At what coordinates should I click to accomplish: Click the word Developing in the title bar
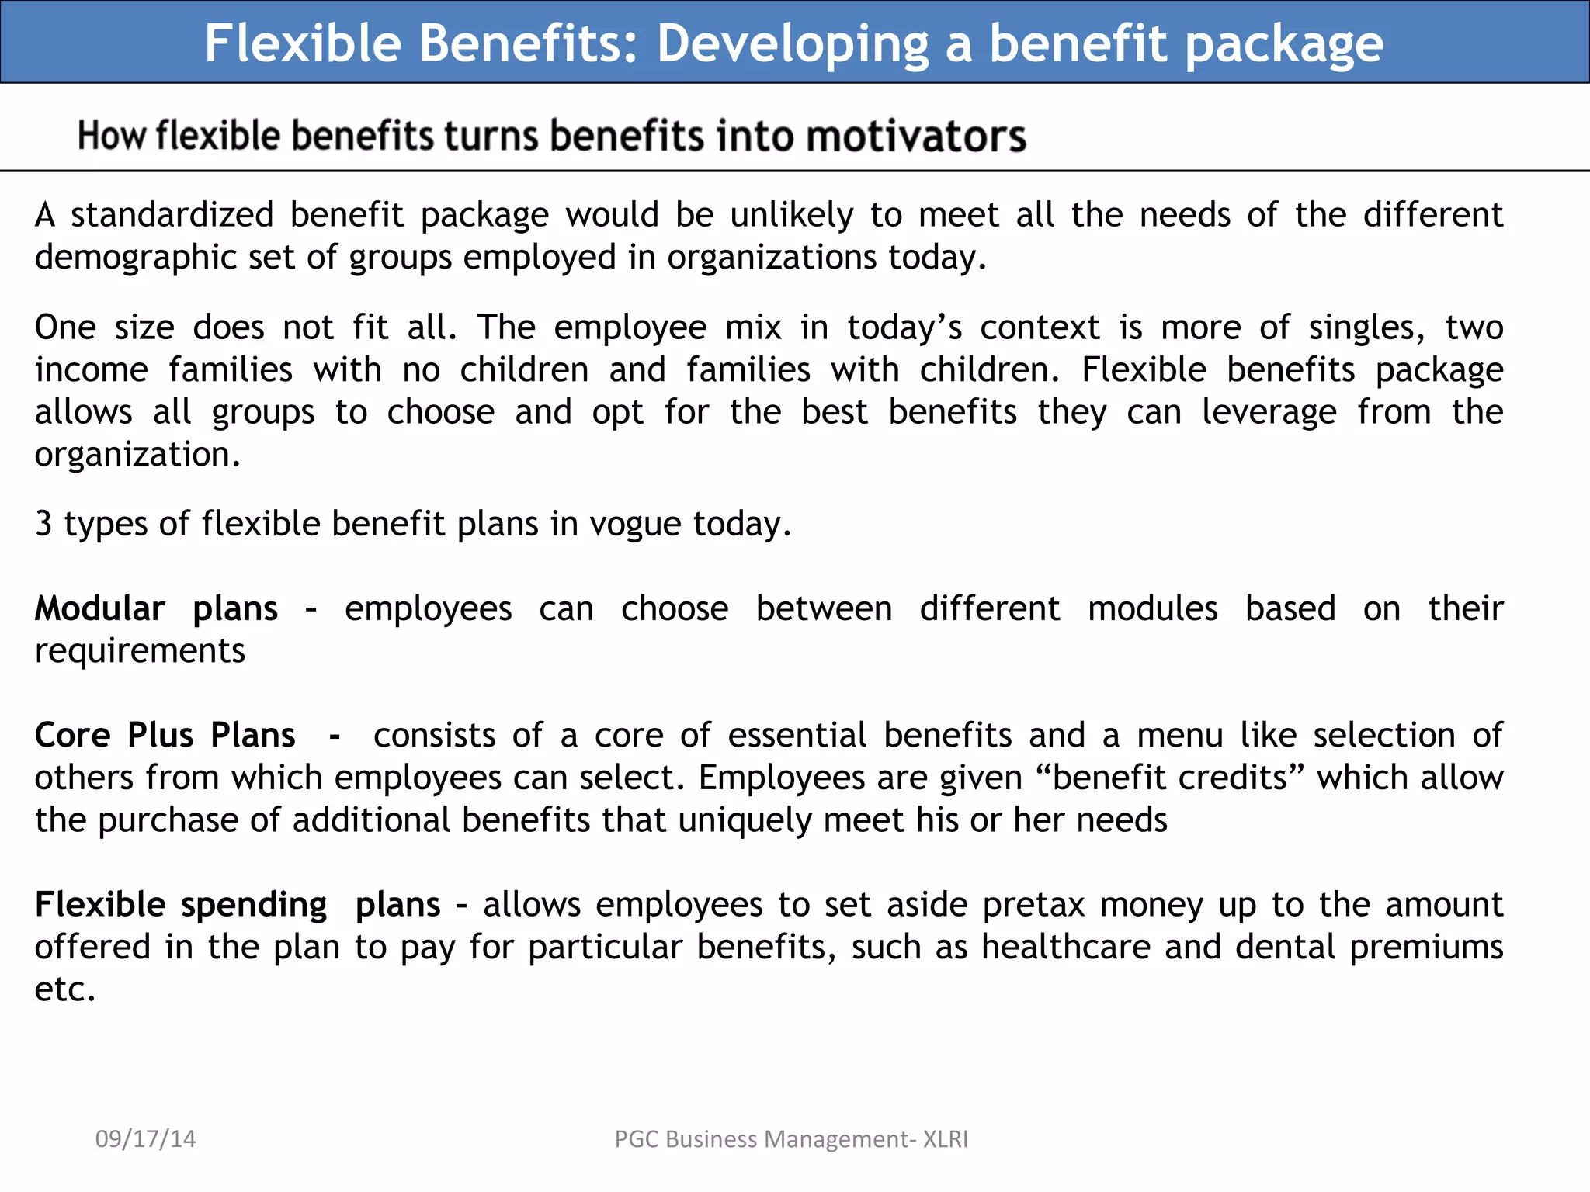(x=792, y=43)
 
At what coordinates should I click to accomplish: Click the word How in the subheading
(x=112, y=137)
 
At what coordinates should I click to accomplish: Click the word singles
(x=1366, y=328)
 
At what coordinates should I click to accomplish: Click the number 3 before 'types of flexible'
(x=43, y=525)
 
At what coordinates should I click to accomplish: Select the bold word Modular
(x=100, y=609)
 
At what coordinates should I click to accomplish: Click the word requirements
(x=140, y=651)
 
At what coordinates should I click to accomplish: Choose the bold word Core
(x=72, y=736)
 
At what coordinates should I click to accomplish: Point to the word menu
(x=1179, y=736)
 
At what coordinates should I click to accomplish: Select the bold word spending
(x=254, y=906)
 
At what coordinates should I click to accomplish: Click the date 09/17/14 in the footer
(x=145, y=1139)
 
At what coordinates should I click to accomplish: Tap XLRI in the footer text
(x=945, y=1139)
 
